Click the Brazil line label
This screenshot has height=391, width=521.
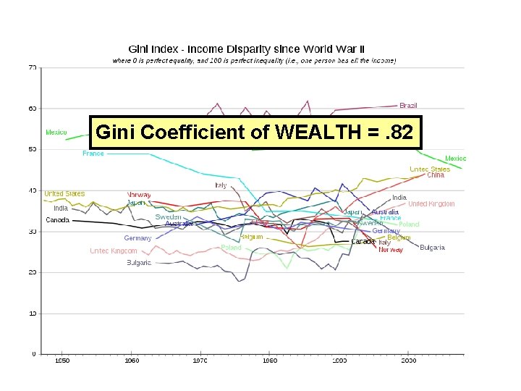[x=408, y=106]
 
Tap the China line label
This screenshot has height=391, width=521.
[x=436, y=175]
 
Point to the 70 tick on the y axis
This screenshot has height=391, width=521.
[x=33, y=67]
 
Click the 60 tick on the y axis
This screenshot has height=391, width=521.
[x=33, y=109]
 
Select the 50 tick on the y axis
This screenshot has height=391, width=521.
[x=33, y=149]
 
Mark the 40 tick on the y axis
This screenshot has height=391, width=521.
[x=33, y=190]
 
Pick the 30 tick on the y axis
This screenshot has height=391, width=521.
[x=33, y=232]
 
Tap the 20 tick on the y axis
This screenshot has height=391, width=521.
[x=33, y=272]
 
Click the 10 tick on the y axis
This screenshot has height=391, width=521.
[x=33, y=314]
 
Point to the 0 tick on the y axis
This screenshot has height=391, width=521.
[x=34, y=354]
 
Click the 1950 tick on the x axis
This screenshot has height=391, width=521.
[x=62, y=360]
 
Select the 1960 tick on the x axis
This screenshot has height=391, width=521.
[x=131, y=360]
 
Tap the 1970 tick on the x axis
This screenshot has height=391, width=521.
[x=200, y=360]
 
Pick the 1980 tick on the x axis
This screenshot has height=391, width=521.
[x=269, y=360]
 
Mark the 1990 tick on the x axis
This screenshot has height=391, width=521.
[x=339, y=360]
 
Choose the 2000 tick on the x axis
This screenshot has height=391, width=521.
[x=408, y=360]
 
